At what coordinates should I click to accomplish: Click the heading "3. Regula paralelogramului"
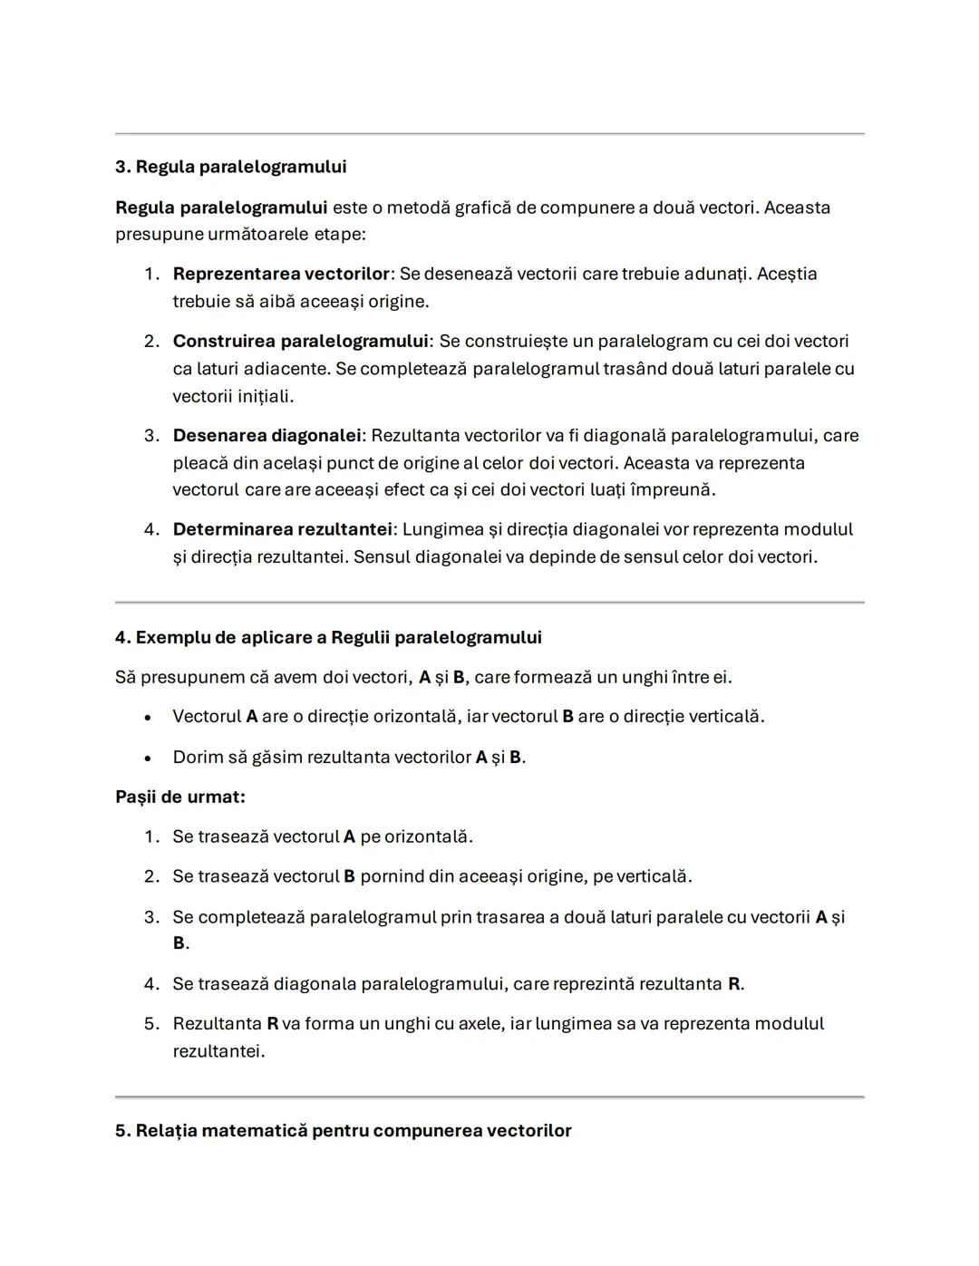(x=230, y=167)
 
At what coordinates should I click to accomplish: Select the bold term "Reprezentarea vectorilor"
(x=280, y=274)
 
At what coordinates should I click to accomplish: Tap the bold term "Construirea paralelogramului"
(x=300, y=341)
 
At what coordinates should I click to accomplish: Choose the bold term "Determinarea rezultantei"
(x=282, y=529)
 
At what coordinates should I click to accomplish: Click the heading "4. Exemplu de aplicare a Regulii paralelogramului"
(x=328, y=637)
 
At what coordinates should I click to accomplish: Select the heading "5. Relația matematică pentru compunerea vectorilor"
(x=343, y=1130)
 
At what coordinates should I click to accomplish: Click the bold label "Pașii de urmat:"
(x=179, y=797)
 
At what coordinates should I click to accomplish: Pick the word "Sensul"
(x=381, y=556)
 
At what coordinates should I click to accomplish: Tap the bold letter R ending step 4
(x=733, y=983)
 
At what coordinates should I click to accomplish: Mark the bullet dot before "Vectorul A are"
(x=147, y=717)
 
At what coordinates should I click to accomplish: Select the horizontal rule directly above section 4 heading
(x=489, y=602)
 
